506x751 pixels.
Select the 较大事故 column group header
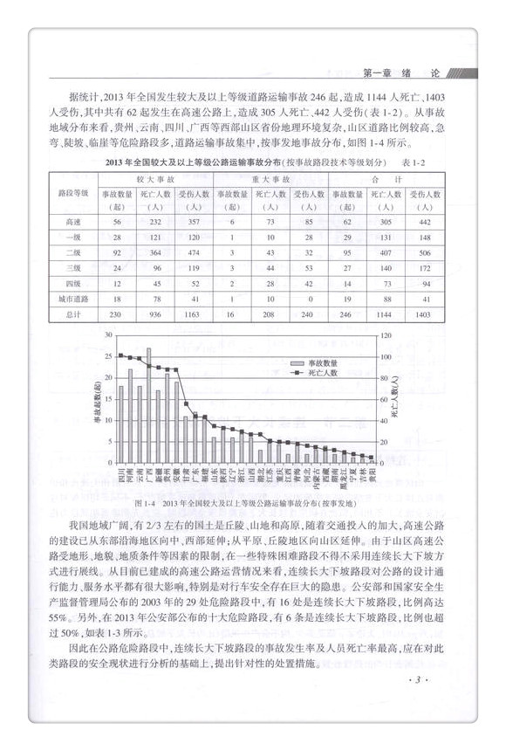click(x=158, y=176)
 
